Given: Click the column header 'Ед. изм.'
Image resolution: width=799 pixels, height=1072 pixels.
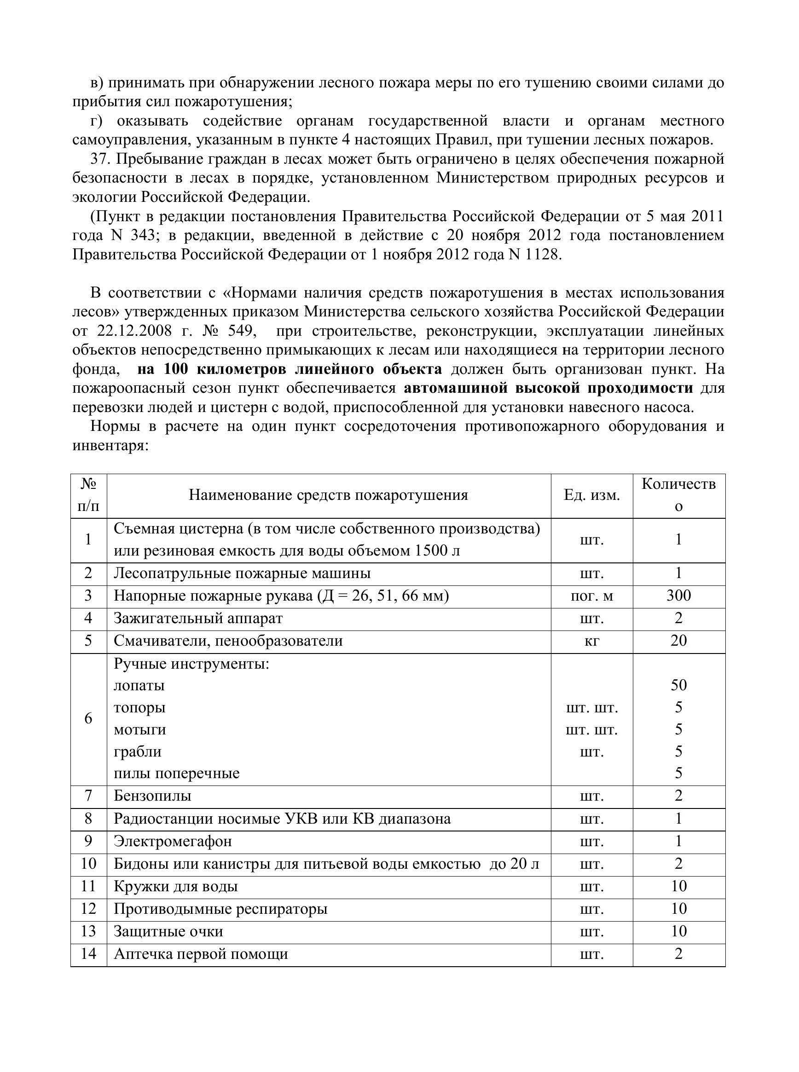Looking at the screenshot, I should [x=591, y=495].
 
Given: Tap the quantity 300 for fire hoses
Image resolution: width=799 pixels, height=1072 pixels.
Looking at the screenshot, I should [x=678, y=596].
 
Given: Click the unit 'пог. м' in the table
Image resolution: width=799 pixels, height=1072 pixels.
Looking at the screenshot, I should [x=591, y=596].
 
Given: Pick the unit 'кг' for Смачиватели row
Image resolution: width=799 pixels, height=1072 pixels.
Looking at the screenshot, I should [x=591, y=642].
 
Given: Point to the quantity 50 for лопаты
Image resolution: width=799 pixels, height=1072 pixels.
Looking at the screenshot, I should [x=678, y=685].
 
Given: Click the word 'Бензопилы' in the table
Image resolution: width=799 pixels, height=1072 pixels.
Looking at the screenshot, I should [x=152, y=796].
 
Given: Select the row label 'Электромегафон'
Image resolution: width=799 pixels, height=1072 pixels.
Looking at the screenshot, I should [x=173, y=842].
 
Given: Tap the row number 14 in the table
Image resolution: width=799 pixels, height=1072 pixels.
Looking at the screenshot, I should [x=88, y=954].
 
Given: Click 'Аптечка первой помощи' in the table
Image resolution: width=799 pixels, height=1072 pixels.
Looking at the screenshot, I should [x=201, y=955].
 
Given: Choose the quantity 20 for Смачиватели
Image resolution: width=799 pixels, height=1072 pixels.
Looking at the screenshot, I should [x=678, y=641].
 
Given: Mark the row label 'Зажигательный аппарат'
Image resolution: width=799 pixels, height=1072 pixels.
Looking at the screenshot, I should [x=198, y=619].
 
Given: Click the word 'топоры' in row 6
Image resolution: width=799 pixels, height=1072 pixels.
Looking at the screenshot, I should [x=139, y=708].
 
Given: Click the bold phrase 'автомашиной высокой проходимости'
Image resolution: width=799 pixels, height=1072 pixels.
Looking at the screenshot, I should [x=548, y=389].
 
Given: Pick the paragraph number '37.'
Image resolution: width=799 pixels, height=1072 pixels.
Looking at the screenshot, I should [x=100, y=159].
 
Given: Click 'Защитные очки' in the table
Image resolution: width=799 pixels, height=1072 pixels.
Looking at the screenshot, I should [x=168, y=932].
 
